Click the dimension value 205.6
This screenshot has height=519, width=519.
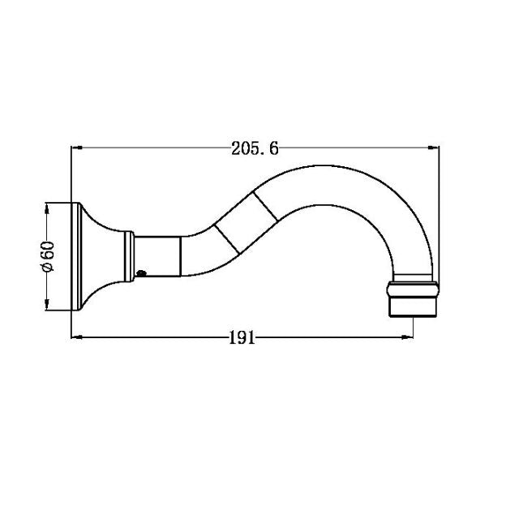255,148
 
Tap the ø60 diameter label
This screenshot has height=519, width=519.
48,255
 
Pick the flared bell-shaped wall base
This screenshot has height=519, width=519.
101,255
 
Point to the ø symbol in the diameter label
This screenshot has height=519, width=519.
48,269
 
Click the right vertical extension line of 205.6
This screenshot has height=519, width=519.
439,211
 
